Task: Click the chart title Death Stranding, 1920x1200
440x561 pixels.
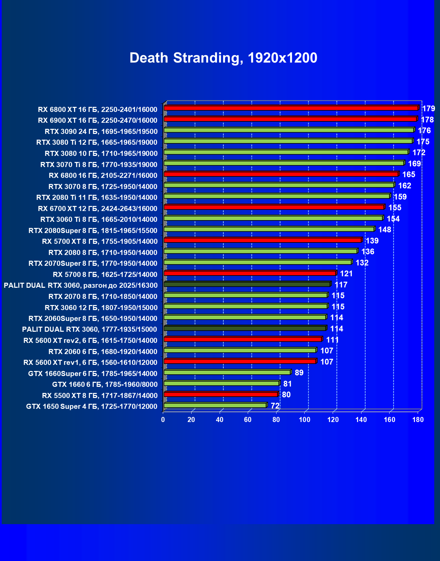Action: click(223, 58)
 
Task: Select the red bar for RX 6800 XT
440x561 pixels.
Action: click(291, 108)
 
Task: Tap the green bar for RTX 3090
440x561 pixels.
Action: click(289, 130)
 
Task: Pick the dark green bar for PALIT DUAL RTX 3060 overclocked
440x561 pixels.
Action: click(247, 284)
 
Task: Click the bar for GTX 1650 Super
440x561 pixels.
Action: click(215, 405)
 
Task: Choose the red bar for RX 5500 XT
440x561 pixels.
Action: click(221, 394)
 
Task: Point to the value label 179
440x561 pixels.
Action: click(428, 109)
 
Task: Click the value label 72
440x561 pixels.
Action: click(275, 406)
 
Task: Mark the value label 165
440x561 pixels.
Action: click(409, 174)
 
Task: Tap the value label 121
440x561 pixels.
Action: click(346, 274)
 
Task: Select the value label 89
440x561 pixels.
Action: click(299, 373)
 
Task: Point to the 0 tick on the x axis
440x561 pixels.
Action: click(163, 420)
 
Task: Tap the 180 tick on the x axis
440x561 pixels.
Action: click(418, 420)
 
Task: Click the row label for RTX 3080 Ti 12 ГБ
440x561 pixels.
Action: click(97, 142)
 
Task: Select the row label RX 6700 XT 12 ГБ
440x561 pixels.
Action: click(97, 208)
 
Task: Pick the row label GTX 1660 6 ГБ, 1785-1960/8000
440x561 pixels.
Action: click(105, 384)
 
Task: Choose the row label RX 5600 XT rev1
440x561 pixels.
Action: click(90, 363)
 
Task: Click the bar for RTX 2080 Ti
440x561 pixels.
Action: click(277, 196)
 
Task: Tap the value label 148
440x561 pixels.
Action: click(384, 230)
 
